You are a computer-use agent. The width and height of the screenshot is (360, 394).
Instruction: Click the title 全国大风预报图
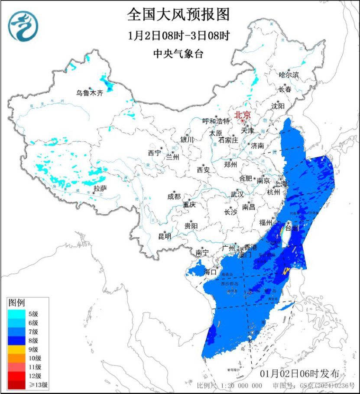tap(178, 15)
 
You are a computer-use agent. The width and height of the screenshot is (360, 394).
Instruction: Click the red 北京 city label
tap(242, 115)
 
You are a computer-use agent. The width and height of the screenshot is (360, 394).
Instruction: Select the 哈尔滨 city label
tap(289, 75)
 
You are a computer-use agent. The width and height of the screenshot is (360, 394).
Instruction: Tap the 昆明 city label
tap(165, 236)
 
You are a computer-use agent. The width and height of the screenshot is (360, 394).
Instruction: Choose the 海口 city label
tap(210, 272)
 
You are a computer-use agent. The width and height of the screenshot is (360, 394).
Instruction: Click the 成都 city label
tap(173, 196)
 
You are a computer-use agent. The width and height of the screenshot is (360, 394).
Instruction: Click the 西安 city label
tap(203, 169)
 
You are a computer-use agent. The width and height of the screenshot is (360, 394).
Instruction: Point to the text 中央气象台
tap(178, 54)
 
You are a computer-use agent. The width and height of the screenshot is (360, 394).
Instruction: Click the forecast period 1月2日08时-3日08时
tap(178, 35)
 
